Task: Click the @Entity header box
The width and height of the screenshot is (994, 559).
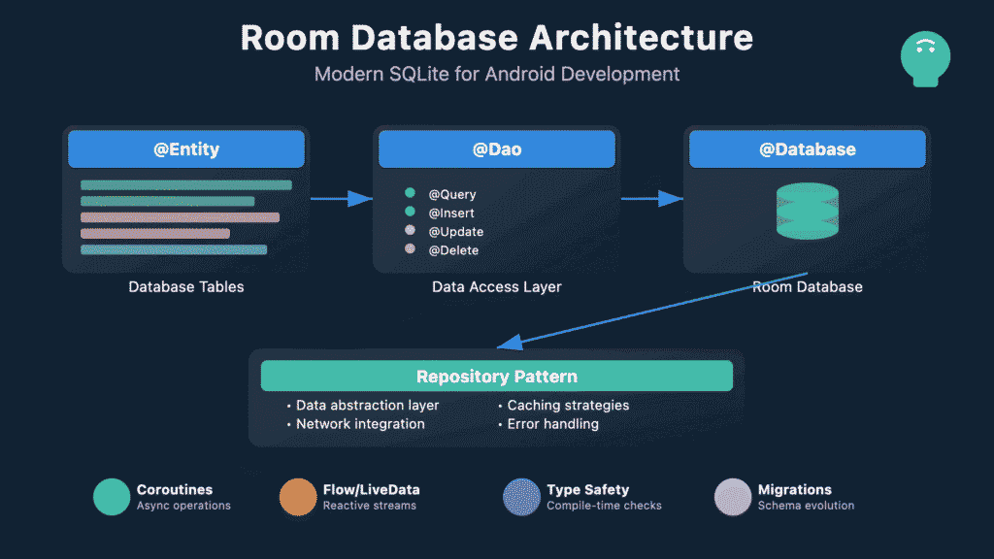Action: (186, 149)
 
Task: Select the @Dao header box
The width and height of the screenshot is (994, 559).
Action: (496, 149)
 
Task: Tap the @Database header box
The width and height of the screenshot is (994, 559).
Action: (807, 149)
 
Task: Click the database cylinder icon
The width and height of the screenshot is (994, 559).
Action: (807, 212)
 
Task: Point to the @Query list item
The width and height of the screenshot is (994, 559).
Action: (452, 194)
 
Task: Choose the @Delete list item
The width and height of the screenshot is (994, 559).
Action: (453, 250)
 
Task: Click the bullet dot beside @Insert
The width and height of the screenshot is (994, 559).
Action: (410, 213)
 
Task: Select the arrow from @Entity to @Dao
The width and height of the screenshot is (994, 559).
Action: (341, 199)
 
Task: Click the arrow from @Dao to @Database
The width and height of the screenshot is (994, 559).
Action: (651, 199)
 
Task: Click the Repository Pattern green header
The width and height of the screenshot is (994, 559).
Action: (496, 377)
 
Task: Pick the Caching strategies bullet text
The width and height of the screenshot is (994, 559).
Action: (568, 406)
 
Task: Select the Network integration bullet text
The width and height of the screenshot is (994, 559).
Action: (360, 424)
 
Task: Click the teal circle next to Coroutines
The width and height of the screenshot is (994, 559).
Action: (112, 497)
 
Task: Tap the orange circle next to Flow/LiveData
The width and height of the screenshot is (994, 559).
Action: (298, 497)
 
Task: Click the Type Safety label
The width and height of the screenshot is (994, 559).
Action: (587, 490)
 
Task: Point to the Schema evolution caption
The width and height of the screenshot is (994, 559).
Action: (806, 506)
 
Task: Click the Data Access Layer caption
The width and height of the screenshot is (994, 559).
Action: (496, 287)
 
